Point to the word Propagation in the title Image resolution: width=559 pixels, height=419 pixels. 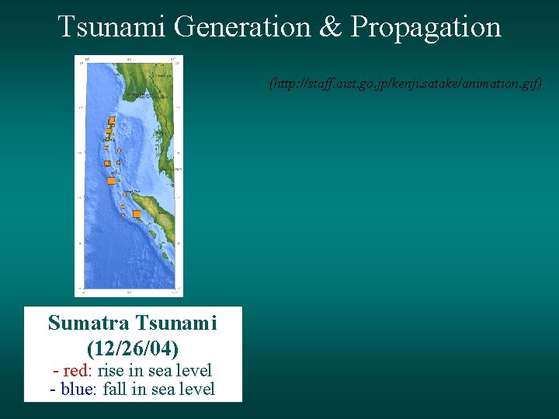(425, 27)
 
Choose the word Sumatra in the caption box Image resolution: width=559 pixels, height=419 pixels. (89, 323)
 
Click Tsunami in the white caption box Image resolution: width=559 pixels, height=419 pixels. (176, 323)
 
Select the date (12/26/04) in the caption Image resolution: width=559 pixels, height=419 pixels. (133, 348)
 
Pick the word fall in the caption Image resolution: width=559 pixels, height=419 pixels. (115, 389)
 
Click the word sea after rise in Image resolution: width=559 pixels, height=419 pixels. (158, 370)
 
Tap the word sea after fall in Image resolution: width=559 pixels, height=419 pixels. (161, 389)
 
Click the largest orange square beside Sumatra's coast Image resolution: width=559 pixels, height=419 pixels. (137, 214)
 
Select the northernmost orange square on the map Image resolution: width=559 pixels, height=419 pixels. (112, 119)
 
